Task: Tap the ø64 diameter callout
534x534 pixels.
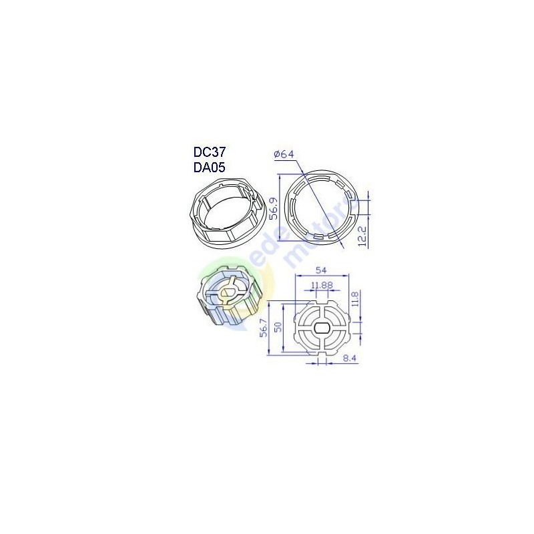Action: point(284,155)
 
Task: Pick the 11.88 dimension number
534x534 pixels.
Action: point(322,286)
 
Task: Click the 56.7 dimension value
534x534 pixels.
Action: point(264,328)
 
